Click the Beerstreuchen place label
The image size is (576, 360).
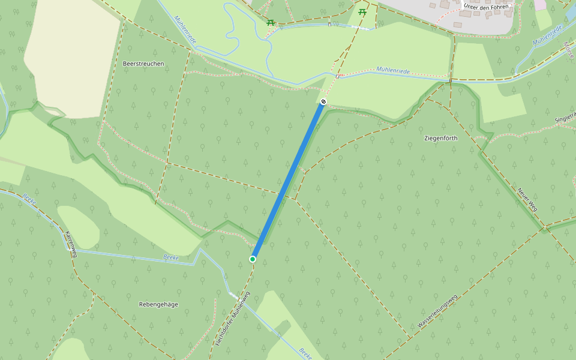[143, 63]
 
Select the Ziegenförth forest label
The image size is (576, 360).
[441, 138]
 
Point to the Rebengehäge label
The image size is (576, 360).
[158, 304]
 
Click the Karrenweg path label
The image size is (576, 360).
[71, 244]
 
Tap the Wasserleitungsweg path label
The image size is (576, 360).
[437, 311]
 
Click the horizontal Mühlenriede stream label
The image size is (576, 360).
[393, 71]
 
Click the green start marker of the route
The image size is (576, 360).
[253, 259]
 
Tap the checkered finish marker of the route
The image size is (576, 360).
[323, 102]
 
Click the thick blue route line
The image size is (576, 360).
[288, 180]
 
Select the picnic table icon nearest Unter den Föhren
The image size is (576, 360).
[362, 11]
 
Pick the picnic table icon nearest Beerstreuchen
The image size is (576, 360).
[271, 22]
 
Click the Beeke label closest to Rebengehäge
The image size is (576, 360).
[171, 257]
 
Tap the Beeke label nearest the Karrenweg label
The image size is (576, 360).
[29, 198]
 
